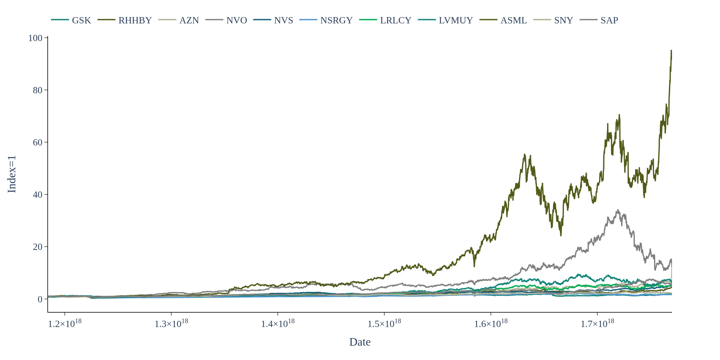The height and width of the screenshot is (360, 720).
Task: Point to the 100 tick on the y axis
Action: coord(35,38)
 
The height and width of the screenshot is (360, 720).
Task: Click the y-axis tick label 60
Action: coord(37,142)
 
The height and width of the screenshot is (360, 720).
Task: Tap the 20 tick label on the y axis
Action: coord(37,247)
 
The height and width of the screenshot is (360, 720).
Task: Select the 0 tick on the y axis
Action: coord(40,299)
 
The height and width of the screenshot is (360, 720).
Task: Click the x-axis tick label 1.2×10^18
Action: coord(65,324)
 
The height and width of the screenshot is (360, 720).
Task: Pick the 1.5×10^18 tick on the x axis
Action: coord(384,324)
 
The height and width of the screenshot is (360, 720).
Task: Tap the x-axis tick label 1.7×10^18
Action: coord(597,324)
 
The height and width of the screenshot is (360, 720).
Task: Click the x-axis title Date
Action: coord(360,342)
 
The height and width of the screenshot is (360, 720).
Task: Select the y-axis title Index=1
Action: coord(12,174)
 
